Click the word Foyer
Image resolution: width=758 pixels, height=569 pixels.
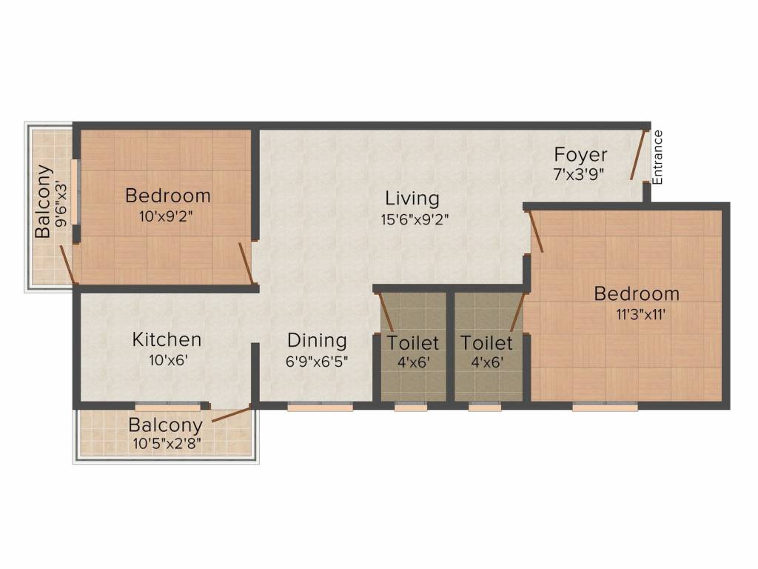click(x=581, y=155)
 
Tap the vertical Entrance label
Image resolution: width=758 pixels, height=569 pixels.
click(x=657, y=157)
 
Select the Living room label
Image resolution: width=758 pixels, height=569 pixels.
click(x=412, y=199)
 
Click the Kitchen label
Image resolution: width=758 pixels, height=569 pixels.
click(x=167, y=340)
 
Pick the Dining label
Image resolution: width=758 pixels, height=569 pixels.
click(x=317, y=341)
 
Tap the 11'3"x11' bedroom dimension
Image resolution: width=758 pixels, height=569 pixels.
click(x=637, y=314)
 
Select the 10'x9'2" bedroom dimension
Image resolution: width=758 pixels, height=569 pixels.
click(x=168, y=217)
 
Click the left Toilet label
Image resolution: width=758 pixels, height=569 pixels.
click(x=413, y=344)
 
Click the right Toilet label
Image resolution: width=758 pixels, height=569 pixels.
click(x=486, y=344)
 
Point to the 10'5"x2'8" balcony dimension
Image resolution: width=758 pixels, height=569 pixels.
click(x=166, y=445)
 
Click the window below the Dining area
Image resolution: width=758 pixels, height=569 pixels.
click(x=320, y=407)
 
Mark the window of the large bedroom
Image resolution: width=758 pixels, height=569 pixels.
click(x=606, y=407)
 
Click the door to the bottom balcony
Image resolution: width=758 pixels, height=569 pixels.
click(x=231, y=414)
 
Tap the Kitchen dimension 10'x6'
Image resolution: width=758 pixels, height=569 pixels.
click(x=167, y=362)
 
